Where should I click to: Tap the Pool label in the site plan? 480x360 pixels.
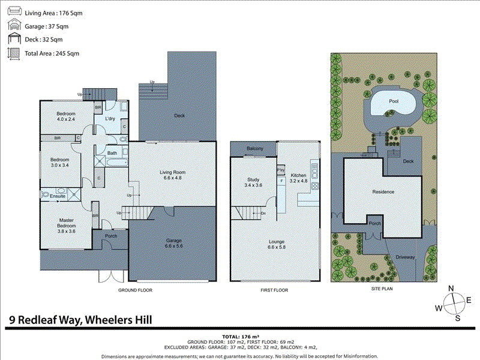tap(393, 101)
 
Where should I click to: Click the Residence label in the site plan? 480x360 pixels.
tap(383, 191)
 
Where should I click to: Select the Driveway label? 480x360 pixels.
tap(405, 257)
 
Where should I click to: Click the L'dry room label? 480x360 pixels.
tap(110, 119)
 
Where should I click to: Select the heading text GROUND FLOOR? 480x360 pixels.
tap(136, 290)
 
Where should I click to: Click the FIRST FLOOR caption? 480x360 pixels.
tap(275, 290)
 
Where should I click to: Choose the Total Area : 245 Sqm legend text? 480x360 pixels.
tap(52, 53)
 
